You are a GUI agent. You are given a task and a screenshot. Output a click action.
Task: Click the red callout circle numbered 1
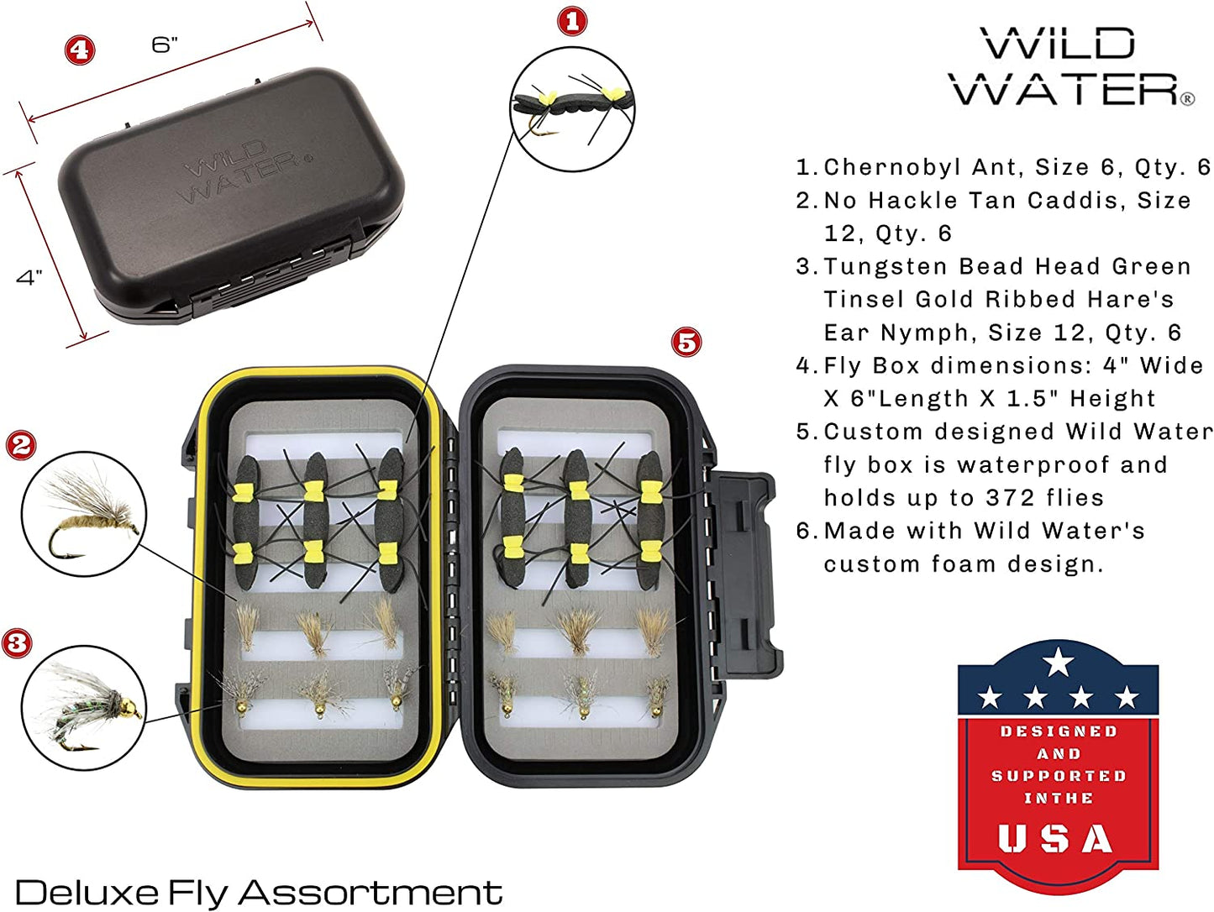tap(572, 22)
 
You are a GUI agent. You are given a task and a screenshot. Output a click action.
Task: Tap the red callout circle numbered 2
tap(21, 445)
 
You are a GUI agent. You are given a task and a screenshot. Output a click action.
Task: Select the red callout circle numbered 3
tap(17, 643)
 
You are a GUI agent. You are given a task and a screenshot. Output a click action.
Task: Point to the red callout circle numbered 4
tap(79, 50)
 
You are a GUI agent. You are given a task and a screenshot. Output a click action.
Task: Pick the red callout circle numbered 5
tap(686, 342)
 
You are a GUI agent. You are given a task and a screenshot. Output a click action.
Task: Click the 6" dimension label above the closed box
tap(165, 45)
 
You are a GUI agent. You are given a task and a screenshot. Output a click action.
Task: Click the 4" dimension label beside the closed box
tap(29, 277)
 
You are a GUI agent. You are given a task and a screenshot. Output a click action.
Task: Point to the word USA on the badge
tap(1056, 838)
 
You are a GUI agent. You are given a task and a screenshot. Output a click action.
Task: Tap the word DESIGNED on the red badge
tap(1059, 731)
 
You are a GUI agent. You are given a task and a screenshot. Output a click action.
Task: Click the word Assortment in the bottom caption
tap(371, 893)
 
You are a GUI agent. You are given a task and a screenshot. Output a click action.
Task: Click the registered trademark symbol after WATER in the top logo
tap(1187, 99)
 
